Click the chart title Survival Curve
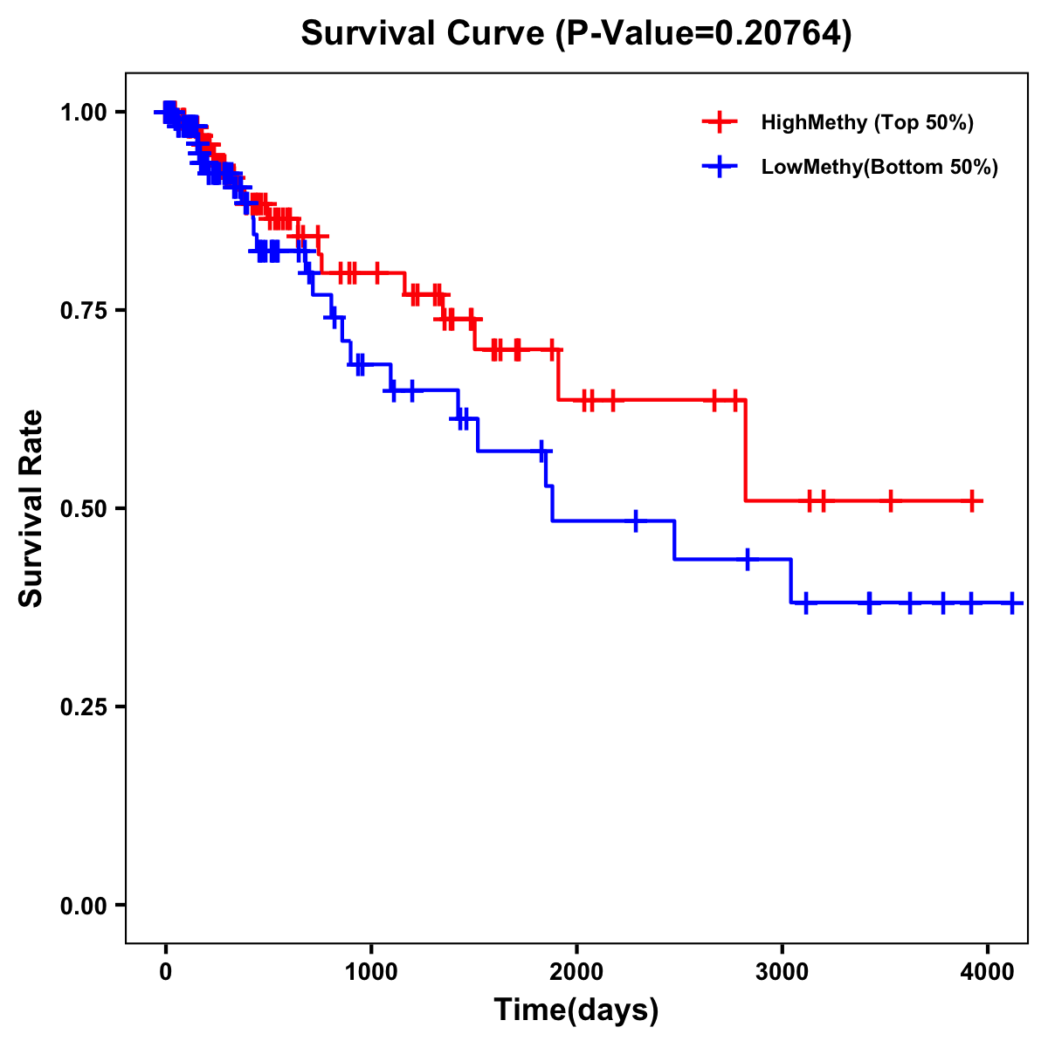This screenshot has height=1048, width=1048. click(576, 33)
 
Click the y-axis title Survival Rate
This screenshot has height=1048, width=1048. click(31, 507)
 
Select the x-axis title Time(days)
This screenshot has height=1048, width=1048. click(576, 1010)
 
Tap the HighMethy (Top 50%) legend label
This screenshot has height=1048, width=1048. click(866, 122)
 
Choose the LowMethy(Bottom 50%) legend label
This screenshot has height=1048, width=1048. click(879, 167)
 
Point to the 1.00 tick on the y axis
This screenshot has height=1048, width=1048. click(83, 112)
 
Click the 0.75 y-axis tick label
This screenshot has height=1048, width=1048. click(83, 310)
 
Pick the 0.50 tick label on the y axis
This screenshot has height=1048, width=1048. click(83, 508)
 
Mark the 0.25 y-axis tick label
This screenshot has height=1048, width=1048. click(83, 707)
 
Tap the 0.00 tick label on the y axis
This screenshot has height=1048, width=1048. click(83, 905)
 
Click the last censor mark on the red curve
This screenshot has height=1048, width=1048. click(972, 500)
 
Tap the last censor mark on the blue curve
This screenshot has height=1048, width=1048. click(1012, 603)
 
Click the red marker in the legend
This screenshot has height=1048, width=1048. click(720, 122)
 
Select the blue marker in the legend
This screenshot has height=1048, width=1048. click(720, 167)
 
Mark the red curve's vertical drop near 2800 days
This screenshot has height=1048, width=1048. click(745, 451)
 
